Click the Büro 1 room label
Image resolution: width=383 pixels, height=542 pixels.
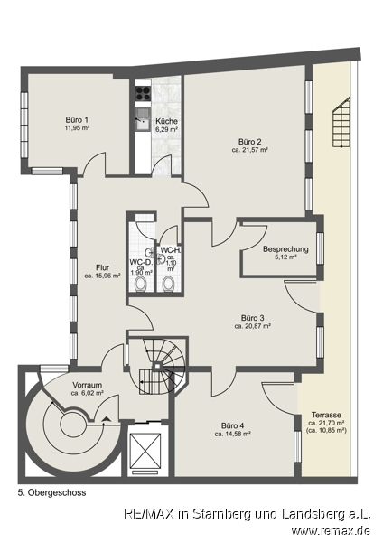coord(77,120)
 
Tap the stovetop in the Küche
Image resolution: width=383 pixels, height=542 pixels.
coord(143,93)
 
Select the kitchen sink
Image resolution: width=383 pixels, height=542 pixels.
coord(142,118)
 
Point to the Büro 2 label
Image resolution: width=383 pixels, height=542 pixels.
coord(249,142)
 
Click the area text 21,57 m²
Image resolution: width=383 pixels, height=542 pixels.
coord(255,150)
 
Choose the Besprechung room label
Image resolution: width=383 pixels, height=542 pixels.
coord(285,249)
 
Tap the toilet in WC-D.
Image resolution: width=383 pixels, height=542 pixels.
coord(141,285)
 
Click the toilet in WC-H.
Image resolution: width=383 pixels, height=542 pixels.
coord(168,285)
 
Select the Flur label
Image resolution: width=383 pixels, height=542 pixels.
coord(103,267)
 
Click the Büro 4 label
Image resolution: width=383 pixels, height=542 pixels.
coord(233,425)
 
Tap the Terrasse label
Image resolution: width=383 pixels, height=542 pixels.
coord(326,415)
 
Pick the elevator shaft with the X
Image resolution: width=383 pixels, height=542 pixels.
coord(145,449)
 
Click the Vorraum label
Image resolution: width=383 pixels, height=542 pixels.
coord(87,385)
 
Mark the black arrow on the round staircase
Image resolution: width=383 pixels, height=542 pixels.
coord(107,419)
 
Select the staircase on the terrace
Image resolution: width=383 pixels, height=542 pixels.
coord(341,122)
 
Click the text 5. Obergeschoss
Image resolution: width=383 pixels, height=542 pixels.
coord(51,492)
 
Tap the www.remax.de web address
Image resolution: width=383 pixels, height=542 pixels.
coord(331,530)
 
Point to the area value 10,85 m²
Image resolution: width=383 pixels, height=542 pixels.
coord(328,431)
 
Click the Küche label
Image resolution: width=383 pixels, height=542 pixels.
coord(166,121)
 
